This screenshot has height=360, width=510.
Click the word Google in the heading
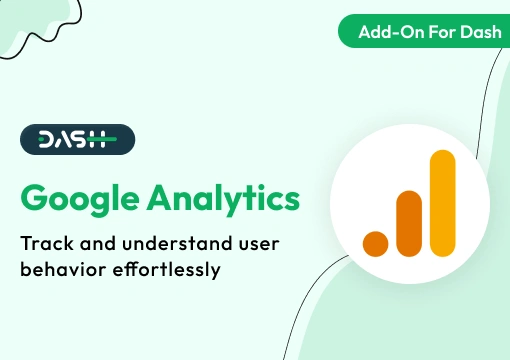(x=81, y=198)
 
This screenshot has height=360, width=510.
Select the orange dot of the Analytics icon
(x=375, y=243)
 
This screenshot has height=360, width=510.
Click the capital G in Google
(x=36, y=198)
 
